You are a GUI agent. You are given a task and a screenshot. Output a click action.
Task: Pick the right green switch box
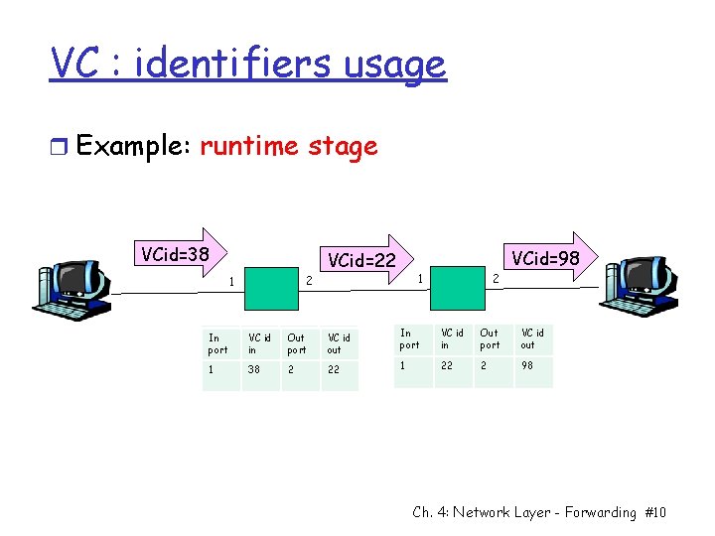pos(458,290)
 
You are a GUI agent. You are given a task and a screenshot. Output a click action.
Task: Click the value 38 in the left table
pos(256,368)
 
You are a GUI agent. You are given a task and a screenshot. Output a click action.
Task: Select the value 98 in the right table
pos(529,366)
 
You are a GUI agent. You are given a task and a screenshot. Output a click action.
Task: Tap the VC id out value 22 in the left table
pos(335,368)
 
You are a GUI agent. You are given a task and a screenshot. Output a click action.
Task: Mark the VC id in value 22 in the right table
pos(449,366)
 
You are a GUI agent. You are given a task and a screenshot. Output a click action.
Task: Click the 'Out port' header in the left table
pos(297,343)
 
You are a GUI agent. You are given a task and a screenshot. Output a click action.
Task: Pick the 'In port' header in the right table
pos(409,338)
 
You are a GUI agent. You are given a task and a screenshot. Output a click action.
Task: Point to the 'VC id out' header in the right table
pos(533,338)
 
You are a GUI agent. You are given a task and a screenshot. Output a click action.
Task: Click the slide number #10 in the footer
pos(655,512)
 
